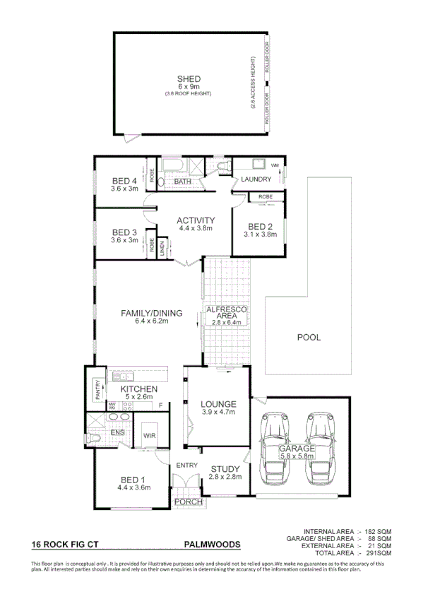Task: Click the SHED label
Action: click(x=189, y=78)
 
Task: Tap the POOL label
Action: click(x=309, y=338)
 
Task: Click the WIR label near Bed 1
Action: click(x=148, y=437)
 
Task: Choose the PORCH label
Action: click(x=188, y=502)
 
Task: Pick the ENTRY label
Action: click(x=187, y=465)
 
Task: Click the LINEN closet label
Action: click(x=162, y=247)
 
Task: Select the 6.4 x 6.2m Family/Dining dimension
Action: click(x=152, y=321)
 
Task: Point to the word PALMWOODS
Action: click(x=212, y=545)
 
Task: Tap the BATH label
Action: click(x=183, y=182)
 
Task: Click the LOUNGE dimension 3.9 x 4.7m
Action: click(x=218, y=412)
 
